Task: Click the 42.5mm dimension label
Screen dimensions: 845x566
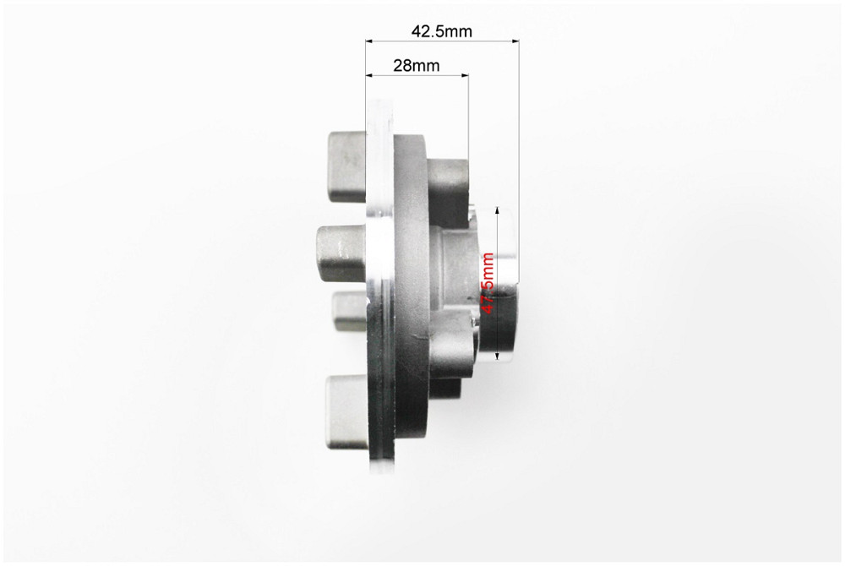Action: point(441,31)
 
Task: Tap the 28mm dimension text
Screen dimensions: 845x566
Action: point(416,66)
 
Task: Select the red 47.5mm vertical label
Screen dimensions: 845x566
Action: point(488,283)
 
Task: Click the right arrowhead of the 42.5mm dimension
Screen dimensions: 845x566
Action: point(515,41)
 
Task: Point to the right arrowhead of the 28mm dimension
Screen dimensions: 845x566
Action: point(465,75)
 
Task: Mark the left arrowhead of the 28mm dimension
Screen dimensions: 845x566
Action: point(370,75)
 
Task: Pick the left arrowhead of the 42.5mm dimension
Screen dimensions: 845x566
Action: point(370,41)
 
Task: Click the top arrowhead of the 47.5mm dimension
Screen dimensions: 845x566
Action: point(498,210)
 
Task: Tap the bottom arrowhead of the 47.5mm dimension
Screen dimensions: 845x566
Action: point(498,356)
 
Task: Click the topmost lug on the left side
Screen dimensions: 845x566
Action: point(347,167)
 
